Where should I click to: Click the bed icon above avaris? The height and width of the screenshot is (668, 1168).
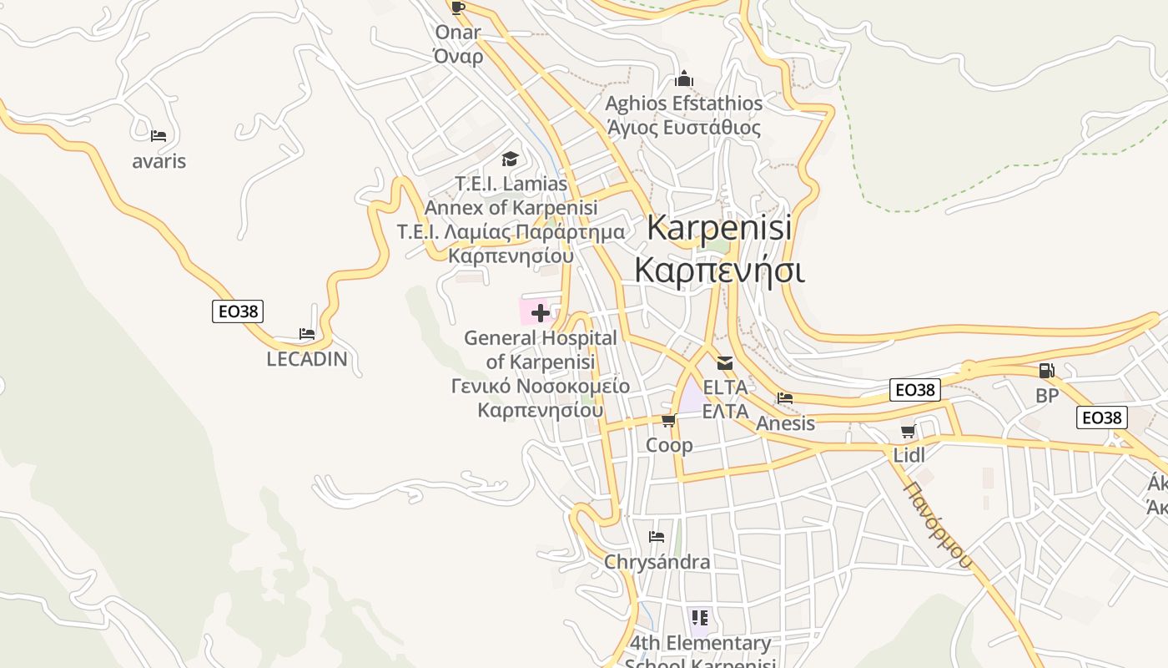click(x=159, y=135)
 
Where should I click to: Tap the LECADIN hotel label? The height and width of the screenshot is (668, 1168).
click(x=307, y=360)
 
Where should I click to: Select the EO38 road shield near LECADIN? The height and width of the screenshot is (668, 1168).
click(x=238, y=311)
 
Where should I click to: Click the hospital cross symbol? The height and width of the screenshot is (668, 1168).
click(x=541, y=313)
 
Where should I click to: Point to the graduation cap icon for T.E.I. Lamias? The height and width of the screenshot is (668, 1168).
click(x=510, y=159)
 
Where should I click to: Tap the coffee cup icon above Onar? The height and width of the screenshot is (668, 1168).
click(x=457, y=8)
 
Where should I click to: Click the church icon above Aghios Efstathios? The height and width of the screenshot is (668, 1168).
click(x=684, y=79)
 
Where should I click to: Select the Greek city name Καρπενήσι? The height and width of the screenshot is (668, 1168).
click(x=719, y=271)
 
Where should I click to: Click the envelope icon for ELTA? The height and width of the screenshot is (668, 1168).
click(x=724, y=363)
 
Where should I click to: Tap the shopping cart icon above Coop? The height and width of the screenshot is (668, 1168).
click(x=668, y=421)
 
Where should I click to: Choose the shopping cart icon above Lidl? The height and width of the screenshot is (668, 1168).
click(x=909, y=432)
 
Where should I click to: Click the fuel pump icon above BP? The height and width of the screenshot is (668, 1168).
click(x=1046, y=371)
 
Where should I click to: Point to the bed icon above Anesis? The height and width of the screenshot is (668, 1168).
click(x=785, y=398)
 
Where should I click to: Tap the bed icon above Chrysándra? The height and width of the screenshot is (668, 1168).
click(x=657, y=537)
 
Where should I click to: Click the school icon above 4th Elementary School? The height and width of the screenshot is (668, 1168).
click(x=700, y=618)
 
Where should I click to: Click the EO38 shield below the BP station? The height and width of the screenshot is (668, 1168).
click(x=1101, y=417)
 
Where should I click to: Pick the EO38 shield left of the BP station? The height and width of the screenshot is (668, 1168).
click(x=915, y=390)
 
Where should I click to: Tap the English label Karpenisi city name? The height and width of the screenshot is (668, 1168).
click(x=719, y=227)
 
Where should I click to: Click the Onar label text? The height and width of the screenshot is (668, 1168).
click(x=458, y=33)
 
